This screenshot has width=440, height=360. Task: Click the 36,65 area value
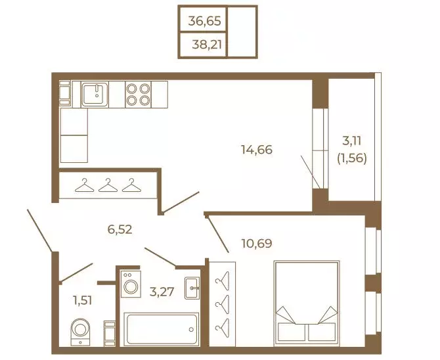pyautogui.click(x=204, y=21)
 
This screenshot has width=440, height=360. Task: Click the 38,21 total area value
pyautogui.click(x=207, y=44)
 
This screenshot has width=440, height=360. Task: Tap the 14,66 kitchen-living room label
pyautogui.click(x=257, y=150)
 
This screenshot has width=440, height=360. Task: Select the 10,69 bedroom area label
pyautogui.click(x=257, y=243)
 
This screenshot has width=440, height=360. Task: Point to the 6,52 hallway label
pyautogui.click(x=120, y=229)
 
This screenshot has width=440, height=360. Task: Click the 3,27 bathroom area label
pyautogui.click(x=162, y=292)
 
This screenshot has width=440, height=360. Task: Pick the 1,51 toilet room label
pyautogui.click(x=83, y=301)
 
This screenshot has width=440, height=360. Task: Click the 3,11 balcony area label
pyautogui.click(x=351, y=141)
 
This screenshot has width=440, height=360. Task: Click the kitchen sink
pyautogui.click(x=95, y=95)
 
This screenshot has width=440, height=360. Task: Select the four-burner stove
pyautogui.click(x=138, y=95)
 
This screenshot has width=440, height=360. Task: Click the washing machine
pyautogui.click(x=131, y=284)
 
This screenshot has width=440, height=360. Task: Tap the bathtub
pyautogui.click(x=162, y=329)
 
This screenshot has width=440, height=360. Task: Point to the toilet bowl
pyautogui.click(x=81, y=332)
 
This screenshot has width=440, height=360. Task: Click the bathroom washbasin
pyautogui.click(x=192, y=288)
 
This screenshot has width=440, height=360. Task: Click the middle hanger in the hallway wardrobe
pyautogui.click(x=108, y=185)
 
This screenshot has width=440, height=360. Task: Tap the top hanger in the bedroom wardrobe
pyautogui.click(x=222, y=281)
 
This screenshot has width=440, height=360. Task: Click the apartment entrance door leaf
pyautogui.click(x=39, y=231)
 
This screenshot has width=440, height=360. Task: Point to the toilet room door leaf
pyautogui.click(x=76, y=273)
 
